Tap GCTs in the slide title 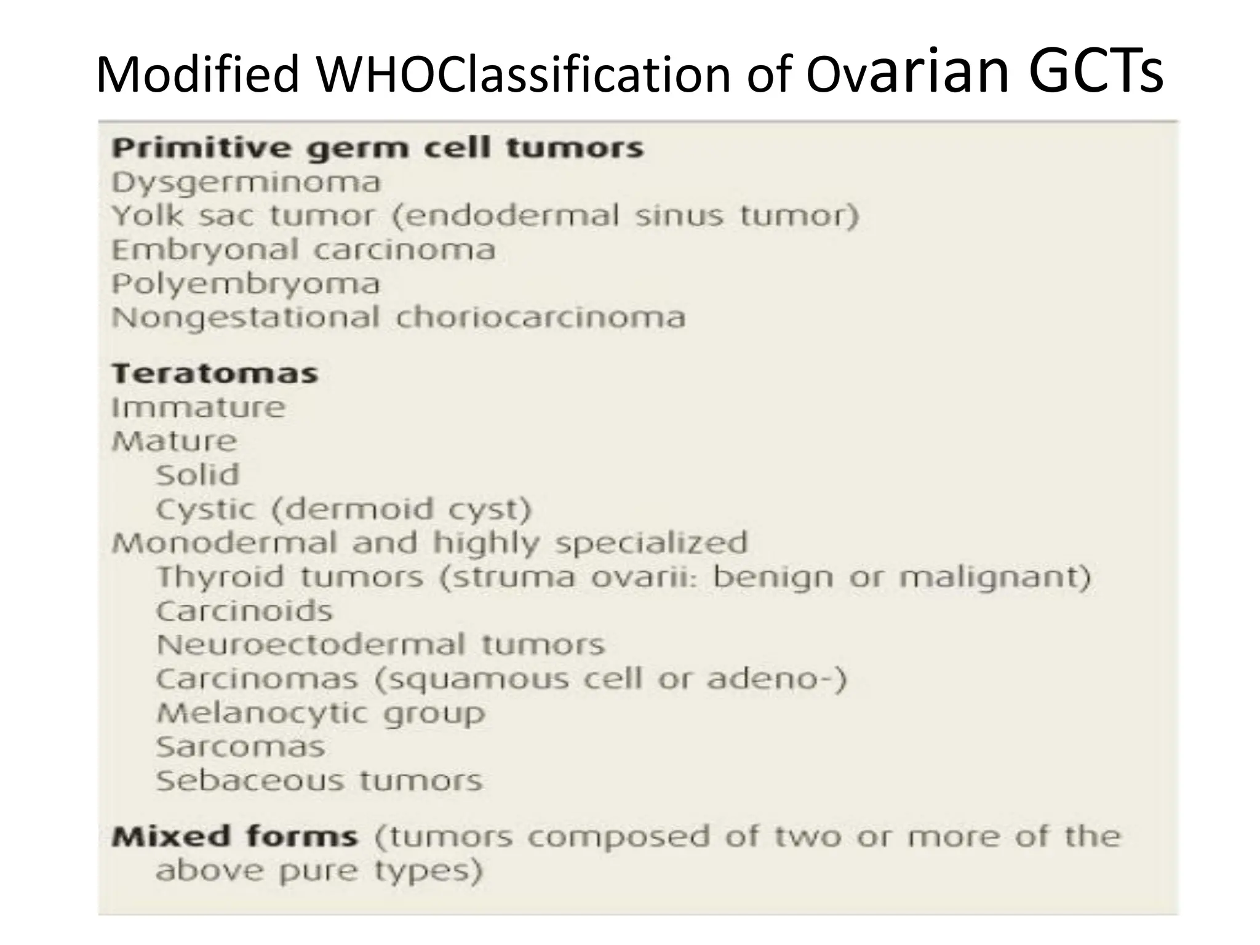pos(1095,71)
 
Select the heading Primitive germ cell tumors pos(377,149)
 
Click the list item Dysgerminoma pos(246,183)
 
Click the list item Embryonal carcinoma pos(303,250)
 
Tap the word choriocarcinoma pos(541,318)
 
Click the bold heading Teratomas pos(215,373)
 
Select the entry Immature pos(198,407)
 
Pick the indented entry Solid pos(197,476)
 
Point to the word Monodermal pos(225,543)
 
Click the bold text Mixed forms pos(234,837)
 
